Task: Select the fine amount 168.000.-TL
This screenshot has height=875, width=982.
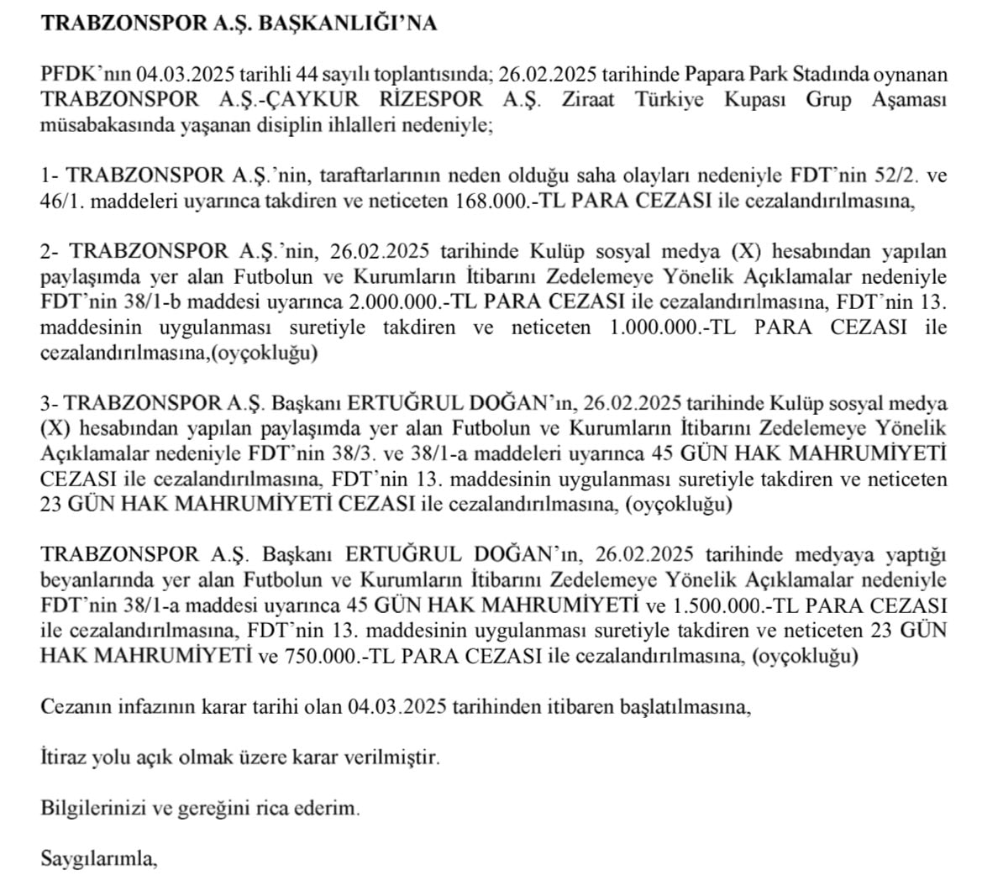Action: [x=511, y=202]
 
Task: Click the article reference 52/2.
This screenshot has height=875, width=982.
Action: [x=885, y=176]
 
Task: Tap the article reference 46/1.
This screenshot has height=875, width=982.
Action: [x=59, y=202]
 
